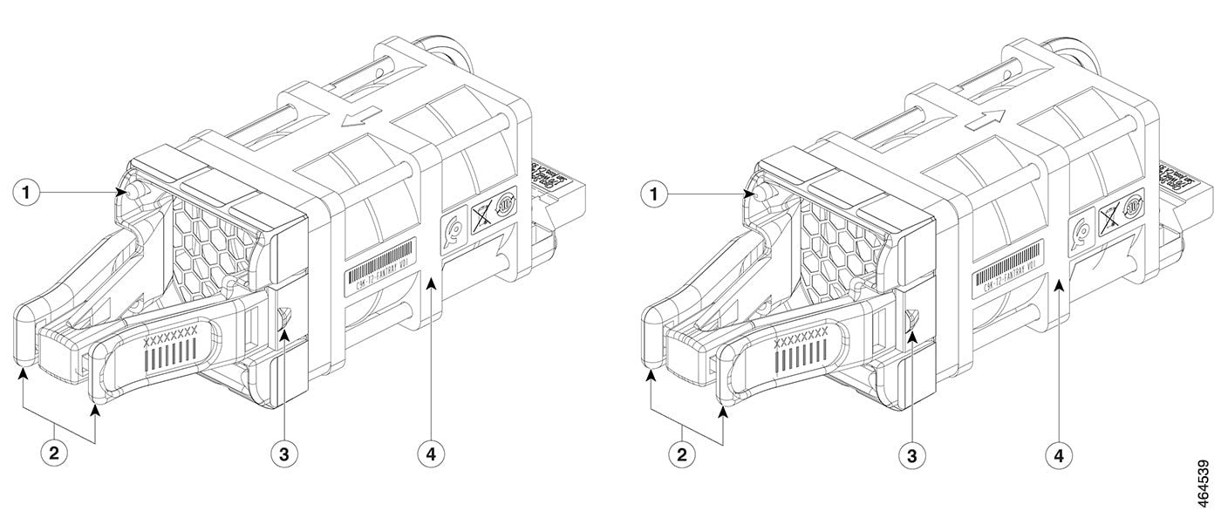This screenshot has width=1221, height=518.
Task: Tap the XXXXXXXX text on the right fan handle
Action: tap(801, 334)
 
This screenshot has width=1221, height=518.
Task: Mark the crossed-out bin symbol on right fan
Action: tap(1108, 215)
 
